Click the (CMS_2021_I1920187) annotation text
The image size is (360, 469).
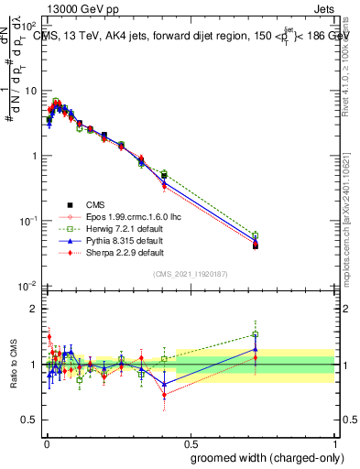[191, 274]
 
